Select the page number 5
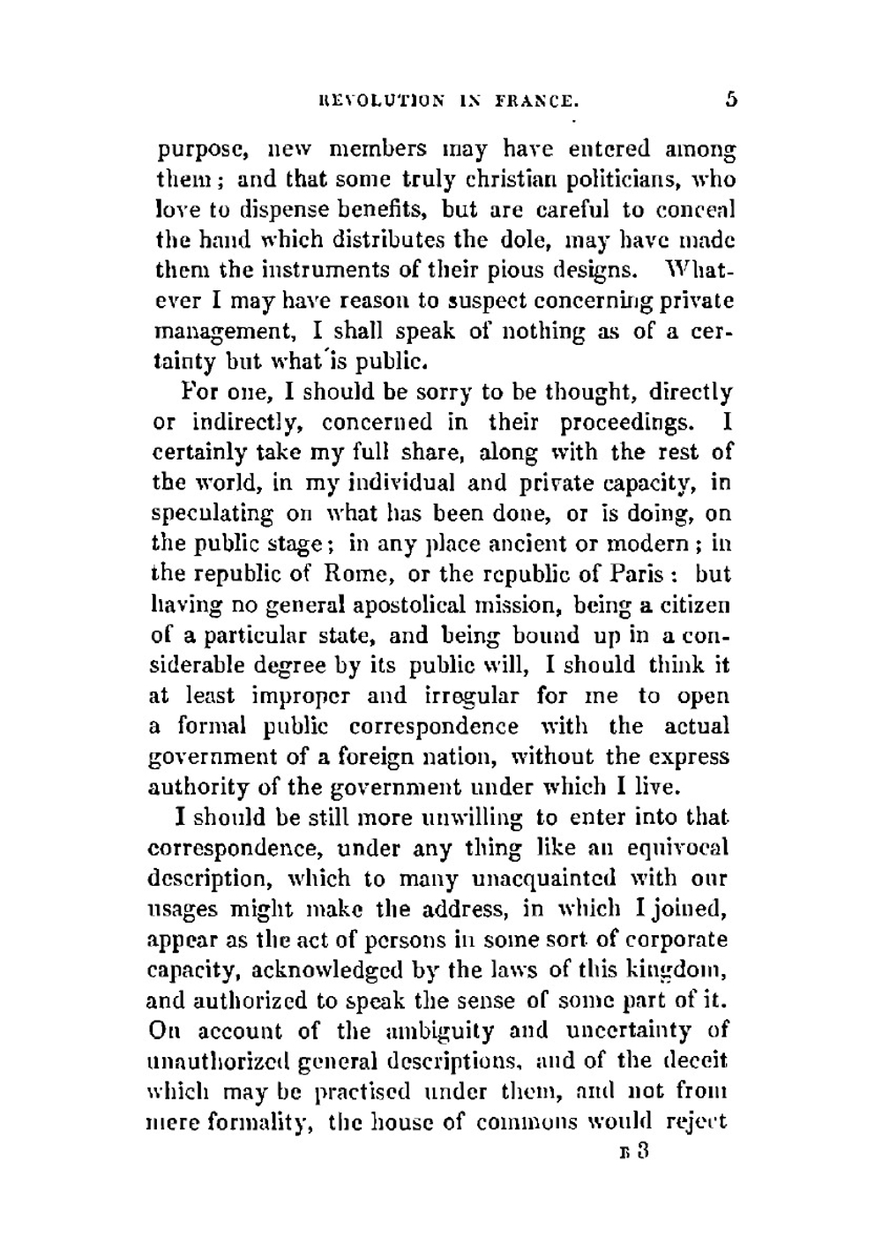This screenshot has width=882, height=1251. click(x=730, y=99)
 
